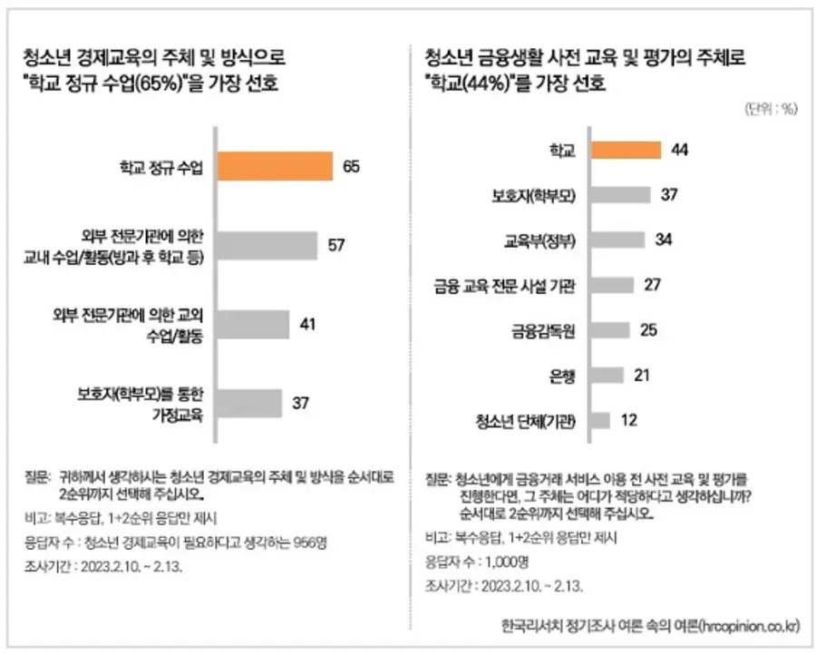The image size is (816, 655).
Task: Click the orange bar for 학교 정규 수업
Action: (x=274, y=166)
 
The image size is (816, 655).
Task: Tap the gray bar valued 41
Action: (x=254, y=325)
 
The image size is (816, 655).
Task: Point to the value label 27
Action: (x=651, y=285)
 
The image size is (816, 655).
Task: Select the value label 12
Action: (x=628, y=420)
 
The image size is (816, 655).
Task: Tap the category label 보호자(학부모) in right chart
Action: (x=534, y=195)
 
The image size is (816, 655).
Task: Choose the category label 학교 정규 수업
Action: (x=162, y=167)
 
